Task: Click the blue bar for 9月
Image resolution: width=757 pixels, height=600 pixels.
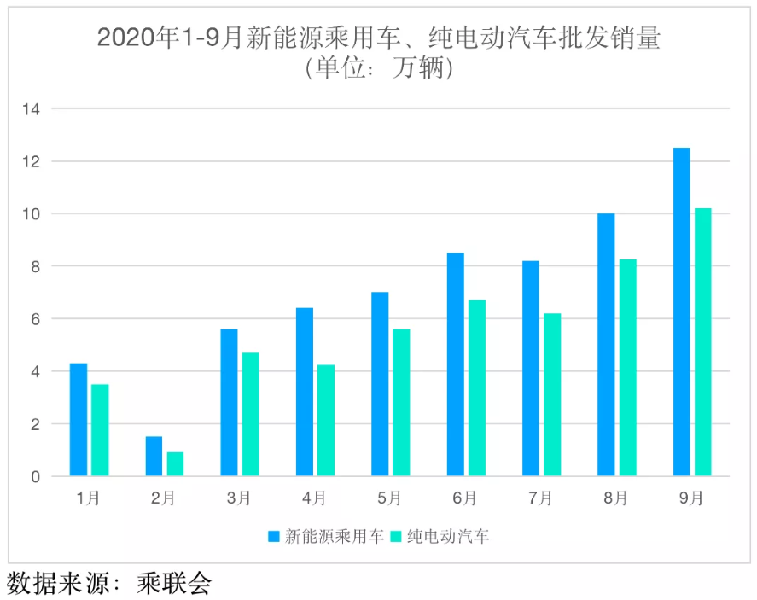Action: coord(681,312)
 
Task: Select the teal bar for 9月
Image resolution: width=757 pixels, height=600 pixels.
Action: coord(702,341)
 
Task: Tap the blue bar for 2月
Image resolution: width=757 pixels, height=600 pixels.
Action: coord(154,456)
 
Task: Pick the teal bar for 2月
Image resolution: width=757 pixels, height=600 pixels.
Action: coord(175,463)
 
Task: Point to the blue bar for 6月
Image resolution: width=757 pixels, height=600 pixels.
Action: coord(455,364)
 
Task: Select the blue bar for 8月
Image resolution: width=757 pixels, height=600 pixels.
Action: coord(606,345)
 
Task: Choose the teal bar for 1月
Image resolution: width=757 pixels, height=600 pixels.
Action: coord(100,430)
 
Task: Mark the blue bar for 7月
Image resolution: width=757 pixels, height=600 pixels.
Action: coord(530,368)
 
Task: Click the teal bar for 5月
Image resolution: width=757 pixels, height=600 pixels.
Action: coord(401,402)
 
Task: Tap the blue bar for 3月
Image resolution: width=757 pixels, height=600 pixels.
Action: coord(229,402)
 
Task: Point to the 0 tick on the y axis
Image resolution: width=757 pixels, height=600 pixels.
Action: coord(36,476)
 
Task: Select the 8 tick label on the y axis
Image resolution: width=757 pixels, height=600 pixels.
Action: coord(36,266)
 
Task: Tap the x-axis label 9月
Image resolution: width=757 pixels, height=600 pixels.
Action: coord(691,498)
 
